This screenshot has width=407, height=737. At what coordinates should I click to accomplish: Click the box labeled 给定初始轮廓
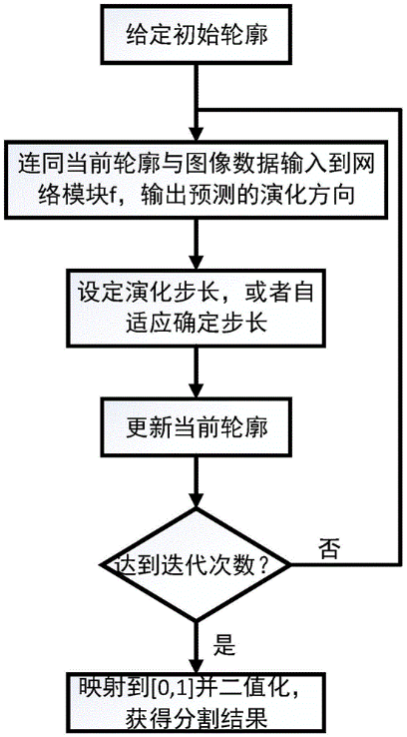[x=198, y=34]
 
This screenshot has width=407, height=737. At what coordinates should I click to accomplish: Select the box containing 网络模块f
[x=198, y=182]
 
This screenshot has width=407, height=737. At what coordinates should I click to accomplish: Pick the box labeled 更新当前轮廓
[x=198, y=428]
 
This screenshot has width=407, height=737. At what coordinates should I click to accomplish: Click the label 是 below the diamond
[x=223, y=646]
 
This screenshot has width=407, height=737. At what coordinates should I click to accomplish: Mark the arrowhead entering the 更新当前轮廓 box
[x=198, y=391]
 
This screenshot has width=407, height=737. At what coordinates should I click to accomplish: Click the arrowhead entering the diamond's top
[x=198, y=498]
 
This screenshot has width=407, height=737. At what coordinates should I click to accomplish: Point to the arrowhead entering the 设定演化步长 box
[x=198, y=259]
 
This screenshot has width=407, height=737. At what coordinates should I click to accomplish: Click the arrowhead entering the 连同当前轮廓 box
[x=198, y=131]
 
